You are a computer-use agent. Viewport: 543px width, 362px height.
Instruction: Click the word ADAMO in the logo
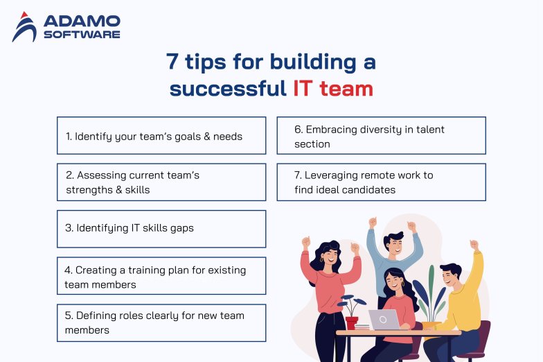click(x=82, y=21)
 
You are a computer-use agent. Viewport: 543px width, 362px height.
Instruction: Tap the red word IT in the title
click(x=302, y=89)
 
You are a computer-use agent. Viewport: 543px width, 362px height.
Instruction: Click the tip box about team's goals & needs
click(x=161, y=135)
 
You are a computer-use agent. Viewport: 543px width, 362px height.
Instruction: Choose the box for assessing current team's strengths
click(x=161, y=182)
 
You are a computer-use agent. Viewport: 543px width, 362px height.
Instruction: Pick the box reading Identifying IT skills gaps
click(x=161, y=229)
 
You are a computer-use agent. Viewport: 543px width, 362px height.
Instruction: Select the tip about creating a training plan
click(x=161, y=276)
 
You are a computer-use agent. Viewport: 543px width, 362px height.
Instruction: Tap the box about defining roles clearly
click(x=161, y=322)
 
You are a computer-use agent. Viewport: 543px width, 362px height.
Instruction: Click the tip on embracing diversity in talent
click(x=381, y=135)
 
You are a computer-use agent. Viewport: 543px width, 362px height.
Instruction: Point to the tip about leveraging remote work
click(x=381, y=182)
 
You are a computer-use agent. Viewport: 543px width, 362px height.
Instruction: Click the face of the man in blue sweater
click(x=393, y=244)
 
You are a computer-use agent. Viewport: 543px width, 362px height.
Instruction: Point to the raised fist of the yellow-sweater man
click(x=474, y=245)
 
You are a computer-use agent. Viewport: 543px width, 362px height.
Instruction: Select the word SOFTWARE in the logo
click(x=82, y=34)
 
